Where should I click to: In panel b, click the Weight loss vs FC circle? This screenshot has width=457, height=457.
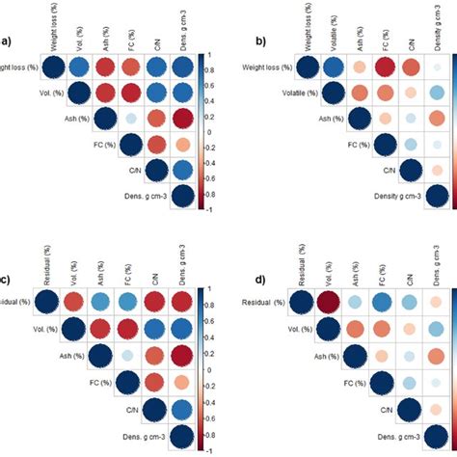(x=386, y=67)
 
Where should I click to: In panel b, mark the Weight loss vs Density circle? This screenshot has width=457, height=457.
(x=439, y=67)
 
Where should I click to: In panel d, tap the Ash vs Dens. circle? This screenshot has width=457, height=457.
(x=439, y=357)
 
